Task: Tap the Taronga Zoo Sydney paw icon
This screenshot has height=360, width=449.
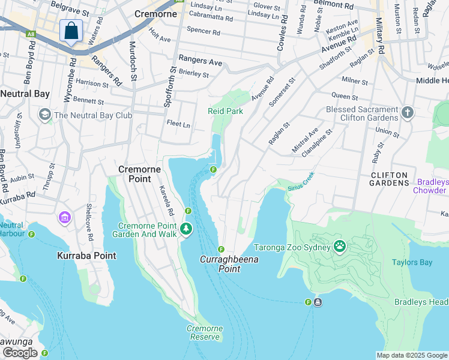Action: (340, 246)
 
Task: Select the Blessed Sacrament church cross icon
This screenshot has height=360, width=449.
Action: (407, 113)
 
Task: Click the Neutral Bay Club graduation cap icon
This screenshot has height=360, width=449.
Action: (44, 115)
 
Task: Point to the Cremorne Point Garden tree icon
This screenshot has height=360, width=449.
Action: (186, 228)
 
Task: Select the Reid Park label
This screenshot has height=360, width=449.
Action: (225, 111)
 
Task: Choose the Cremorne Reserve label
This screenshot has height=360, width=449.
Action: (204, 332)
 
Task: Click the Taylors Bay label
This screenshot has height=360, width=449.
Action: (412, 262)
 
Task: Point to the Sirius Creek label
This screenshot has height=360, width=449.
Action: (301, 182)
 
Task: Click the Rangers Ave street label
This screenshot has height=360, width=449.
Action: (200, 61)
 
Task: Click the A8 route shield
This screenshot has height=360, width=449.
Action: (31, 34)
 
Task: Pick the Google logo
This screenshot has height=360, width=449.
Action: (20, 353)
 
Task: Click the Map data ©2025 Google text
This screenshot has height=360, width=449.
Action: (412, 355)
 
